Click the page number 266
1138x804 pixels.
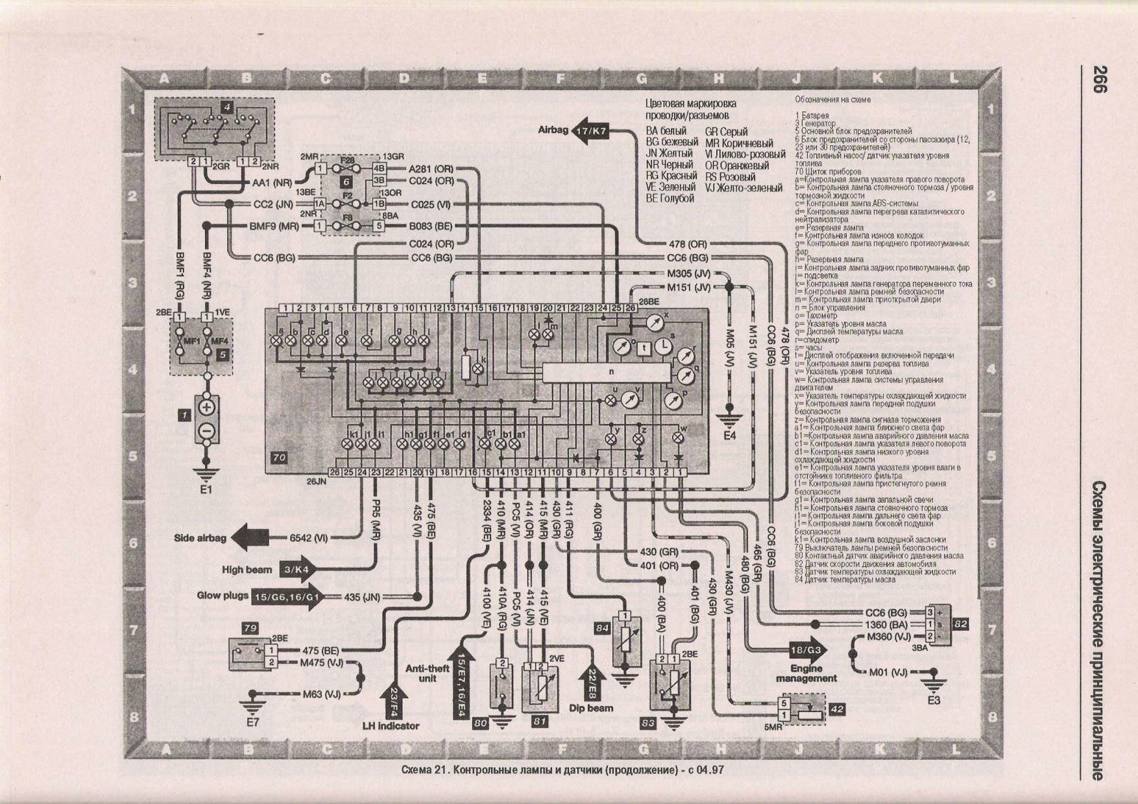click(1098, 79)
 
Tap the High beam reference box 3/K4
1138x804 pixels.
click(297, 569)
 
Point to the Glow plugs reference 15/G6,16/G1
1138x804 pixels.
click(287, 597)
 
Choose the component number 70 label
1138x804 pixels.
click(279, 457)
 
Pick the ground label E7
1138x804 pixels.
click(252, 720)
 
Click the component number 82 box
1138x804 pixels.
click(961, 623)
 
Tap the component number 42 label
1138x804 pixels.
click(837, 709)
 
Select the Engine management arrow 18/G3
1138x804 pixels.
click(805, 650)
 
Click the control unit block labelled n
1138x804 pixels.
click(610, 372)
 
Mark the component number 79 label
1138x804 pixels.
click(250, 628)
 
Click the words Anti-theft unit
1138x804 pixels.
click(427, 673)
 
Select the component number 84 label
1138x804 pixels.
click(602, 628)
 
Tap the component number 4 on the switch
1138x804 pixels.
click(226, 107)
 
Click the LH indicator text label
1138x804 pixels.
click(391, 726)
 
